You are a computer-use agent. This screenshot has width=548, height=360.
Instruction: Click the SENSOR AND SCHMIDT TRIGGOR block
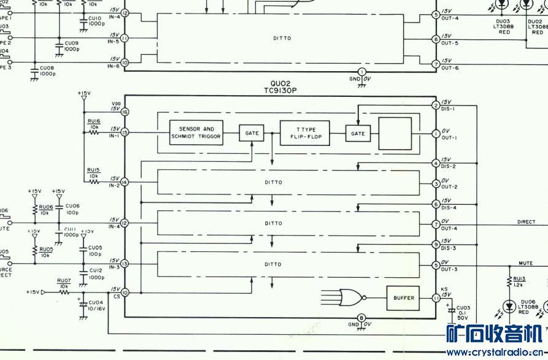(196, 133)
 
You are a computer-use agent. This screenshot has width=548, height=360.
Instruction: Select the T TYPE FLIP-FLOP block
(304, 133)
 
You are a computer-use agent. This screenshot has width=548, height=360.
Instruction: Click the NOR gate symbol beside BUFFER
(350, 297)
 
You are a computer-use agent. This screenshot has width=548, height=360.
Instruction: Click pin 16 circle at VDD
(125, 112)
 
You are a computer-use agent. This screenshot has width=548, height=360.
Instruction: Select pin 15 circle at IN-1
(125, 132)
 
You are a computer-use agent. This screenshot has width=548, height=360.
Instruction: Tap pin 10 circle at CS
(125, 293)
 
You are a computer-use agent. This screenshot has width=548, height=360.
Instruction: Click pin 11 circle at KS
(436, 297)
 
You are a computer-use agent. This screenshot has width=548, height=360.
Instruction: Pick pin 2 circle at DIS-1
(436, 105)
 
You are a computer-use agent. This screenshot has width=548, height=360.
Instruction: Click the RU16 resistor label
(93, 122)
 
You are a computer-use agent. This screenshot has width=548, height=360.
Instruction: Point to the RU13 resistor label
(519, 278)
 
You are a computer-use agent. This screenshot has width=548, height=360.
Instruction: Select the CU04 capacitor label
(95, 302)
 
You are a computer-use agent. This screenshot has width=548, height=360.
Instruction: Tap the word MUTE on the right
(525, 263)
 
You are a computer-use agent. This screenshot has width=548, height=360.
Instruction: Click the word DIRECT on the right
(526, 222)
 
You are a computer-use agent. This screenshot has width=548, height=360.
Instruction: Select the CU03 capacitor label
(463, 307)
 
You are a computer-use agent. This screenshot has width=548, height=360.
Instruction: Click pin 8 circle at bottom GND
(361, 318)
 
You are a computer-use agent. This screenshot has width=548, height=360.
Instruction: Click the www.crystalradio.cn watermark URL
(496, 353)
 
